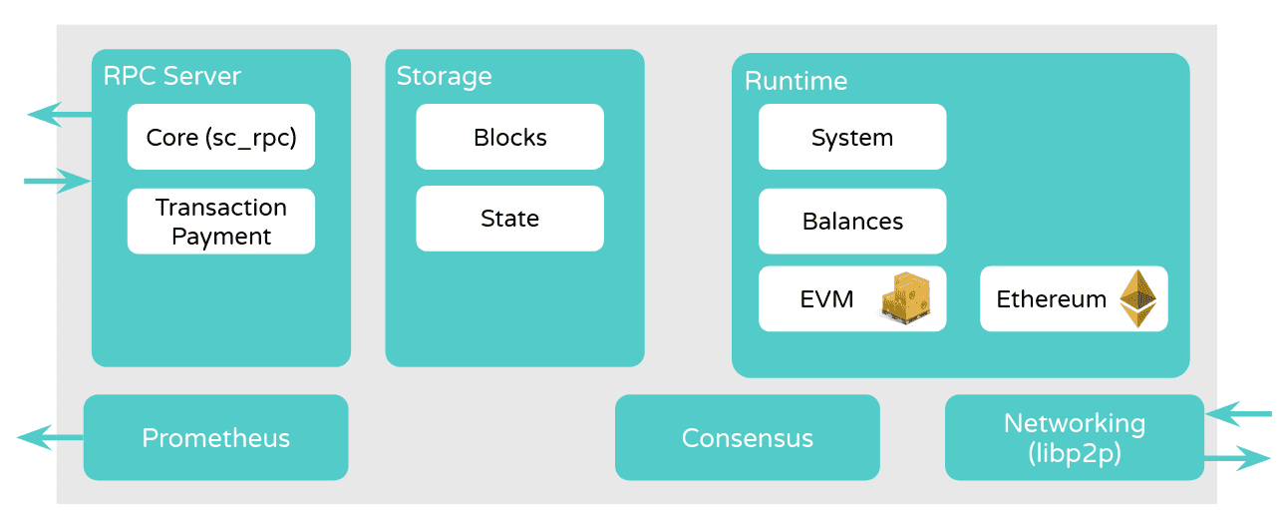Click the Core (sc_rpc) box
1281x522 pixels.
pos(220,137)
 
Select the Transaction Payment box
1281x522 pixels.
pos(220,222)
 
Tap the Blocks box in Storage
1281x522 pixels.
pos(509,137)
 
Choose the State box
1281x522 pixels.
pos(509,219)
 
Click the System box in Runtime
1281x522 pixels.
pos(851,137)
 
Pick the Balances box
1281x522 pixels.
pos(851,221)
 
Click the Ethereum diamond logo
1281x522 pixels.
pos(1137,298)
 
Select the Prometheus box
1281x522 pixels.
pos(215,437)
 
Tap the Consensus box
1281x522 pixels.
pos(747,437)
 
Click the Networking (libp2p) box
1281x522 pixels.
pos(1074,437)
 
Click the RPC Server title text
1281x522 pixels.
pos(171,77)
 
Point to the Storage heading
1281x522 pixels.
pos(444,77)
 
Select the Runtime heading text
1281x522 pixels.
pos(796,81)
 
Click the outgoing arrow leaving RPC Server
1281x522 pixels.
pos(58,115)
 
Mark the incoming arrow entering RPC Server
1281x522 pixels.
pos(58,182)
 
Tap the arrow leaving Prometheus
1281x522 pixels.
pos(50,437)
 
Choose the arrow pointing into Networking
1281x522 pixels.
pos(1238,412)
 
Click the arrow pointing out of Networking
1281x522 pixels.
pos(1238,459)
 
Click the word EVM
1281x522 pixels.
pos(826,298)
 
